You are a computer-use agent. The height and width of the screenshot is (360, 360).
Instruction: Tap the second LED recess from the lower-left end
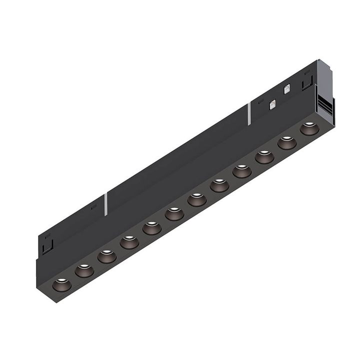(84, 271)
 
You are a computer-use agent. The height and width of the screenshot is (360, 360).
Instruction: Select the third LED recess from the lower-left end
(107, 257)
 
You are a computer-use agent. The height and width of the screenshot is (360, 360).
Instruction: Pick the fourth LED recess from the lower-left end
(129, 243)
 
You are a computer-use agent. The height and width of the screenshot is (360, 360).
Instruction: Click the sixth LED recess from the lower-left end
(174, 214)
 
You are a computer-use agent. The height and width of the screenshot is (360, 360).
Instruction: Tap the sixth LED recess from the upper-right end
(197, 200)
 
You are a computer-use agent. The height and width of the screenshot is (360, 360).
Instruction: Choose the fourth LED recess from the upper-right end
(242, 171)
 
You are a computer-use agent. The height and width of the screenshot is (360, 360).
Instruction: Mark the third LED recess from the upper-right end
(264, 157)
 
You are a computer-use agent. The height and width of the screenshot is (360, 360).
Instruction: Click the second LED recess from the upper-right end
(287, 143)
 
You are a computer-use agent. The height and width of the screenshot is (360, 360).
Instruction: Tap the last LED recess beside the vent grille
(309, 129)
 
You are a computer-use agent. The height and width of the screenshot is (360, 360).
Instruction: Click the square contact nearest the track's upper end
(287, 90)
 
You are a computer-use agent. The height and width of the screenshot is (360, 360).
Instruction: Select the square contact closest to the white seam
(272, 104)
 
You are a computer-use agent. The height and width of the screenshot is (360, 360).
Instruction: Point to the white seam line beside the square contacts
(248, 114)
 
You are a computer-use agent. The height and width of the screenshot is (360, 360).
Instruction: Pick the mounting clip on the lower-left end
(48, 245)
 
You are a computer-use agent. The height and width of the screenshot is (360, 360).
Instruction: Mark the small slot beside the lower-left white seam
(94, 206)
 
